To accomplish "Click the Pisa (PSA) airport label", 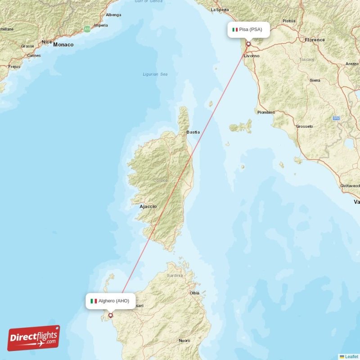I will [x=250, y=30].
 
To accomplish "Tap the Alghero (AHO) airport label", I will [x=110, y=301].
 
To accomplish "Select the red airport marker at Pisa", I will [x=248, y=44].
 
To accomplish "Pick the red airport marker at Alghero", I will [x=111, y=315].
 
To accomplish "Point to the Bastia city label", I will [x=193, y=132].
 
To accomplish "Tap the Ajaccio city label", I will [x=148, y=207].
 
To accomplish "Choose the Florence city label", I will [x=315, y=40].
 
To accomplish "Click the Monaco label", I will [x=63, y=45].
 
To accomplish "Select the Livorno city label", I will [x=252, y=56].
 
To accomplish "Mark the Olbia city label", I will [x=194, y=293].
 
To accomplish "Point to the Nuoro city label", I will [x=184, y=341].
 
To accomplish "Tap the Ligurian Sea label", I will [x=155, y=74].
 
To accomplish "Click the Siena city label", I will [x=315, y=80].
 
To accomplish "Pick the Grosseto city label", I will [x=304, y=126].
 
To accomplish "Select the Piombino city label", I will [x=266, y=112].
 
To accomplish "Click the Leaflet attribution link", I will [x=351, y=356].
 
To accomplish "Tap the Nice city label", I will [x=47, y=42].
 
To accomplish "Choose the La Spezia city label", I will [x=220, y=9].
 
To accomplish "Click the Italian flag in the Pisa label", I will [x=234, y=30].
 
